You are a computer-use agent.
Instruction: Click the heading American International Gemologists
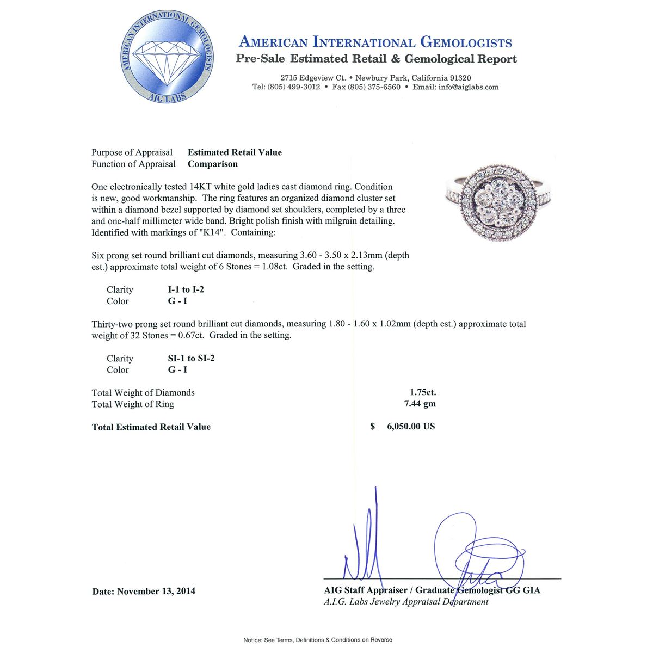(x=375, y=42)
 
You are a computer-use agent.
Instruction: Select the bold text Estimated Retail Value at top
(x=235, y=152)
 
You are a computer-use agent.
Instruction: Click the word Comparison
(x=213, y=164)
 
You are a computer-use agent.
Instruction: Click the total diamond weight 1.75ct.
(x=423, y=392)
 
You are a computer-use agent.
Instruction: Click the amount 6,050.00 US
(x=411, y=427)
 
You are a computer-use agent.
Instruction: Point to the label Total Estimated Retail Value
(x=151, y=427)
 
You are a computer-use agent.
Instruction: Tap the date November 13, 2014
(x=156, y=591)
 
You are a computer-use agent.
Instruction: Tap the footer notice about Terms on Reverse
(x=318, y=640)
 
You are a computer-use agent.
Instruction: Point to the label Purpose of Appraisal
(x=132, y=152)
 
